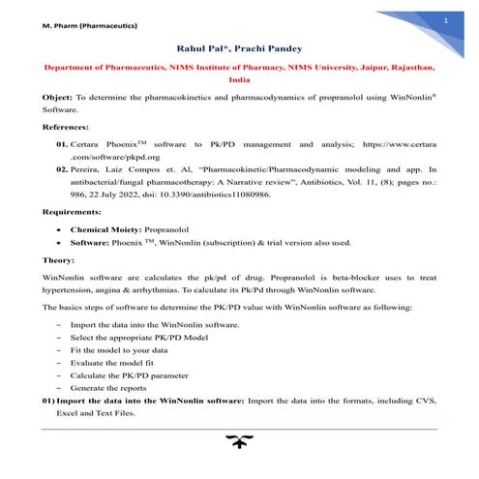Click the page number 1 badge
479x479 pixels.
click(445, 20)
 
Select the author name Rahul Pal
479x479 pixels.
click(199, 47)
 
